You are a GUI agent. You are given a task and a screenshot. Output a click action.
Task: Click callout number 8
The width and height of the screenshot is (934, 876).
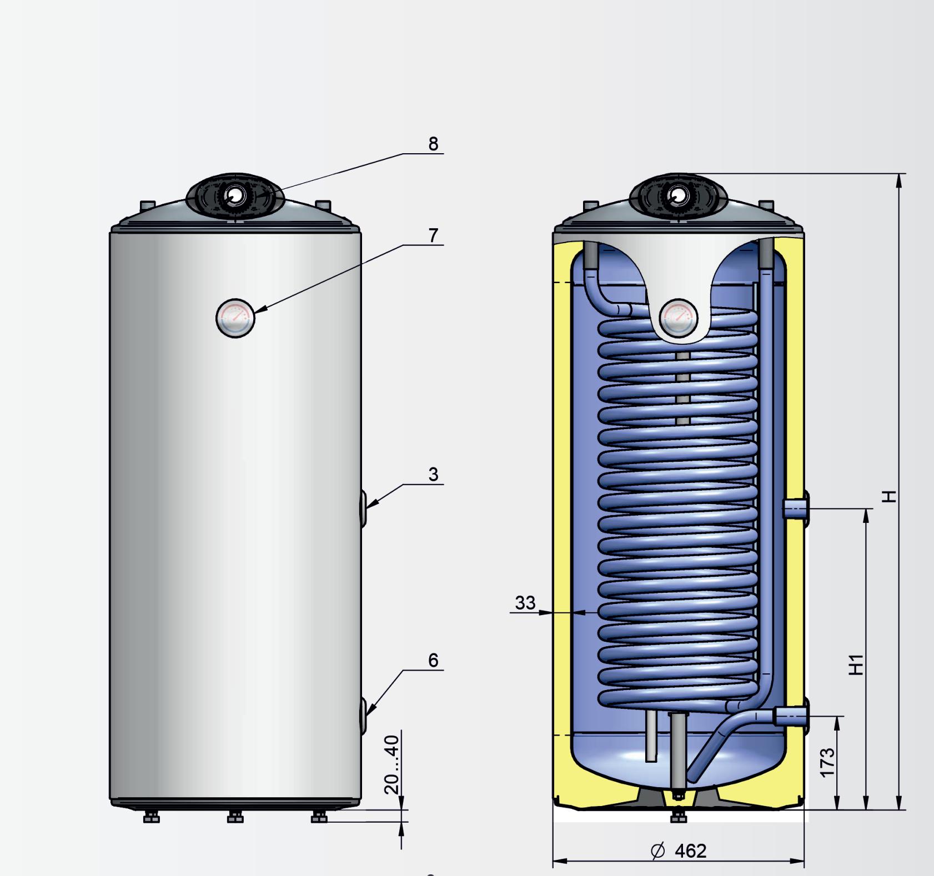433,144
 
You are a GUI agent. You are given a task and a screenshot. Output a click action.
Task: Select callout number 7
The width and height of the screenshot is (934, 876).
433,235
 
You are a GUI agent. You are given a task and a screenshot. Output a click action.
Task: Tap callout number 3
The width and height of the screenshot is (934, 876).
433,475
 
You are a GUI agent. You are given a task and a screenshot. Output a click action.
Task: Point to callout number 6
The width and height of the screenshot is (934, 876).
433,660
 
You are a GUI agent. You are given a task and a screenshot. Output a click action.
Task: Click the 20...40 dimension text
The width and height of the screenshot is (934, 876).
392,764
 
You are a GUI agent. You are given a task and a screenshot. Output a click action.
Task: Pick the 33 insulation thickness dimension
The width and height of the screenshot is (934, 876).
525,602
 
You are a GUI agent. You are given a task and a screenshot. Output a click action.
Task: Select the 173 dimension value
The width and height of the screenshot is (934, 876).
827,763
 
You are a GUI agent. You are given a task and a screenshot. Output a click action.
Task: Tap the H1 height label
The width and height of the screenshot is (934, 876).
857,664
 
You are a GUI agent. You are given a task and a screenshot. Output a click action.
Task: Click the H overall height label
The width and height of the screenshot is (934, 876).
889,496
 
